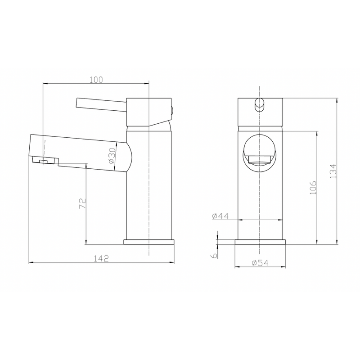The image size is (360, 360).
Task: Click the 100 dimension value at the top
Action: (x=96, y=80)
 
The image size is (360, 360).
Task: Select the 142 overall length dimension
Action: (x=102, y=258)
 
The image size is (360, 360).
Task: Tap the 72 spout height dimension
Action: (x=82, y=203)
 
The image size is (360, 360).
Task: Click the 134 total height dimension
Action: (x=333, y=171)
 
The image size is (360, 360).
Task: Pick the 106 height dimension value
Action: (x=314, y=187)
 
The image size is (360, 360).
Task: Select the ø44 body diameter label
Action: (x=220, y=216)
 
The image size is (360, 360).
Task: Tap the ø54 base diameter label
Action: (x=260, y=264)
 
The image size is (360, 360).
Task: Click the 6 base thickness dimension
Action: (x=215, y=255)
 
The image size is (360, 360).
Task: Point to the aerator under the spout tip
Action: (x=45, y=161)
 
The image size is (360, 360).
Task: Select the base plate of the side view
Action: (x=148, y=242)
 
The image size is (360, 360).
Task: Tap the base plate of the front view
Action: (x=260, y=242)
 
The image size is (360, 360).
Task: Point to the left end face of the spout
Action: (x=31, y=146)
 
